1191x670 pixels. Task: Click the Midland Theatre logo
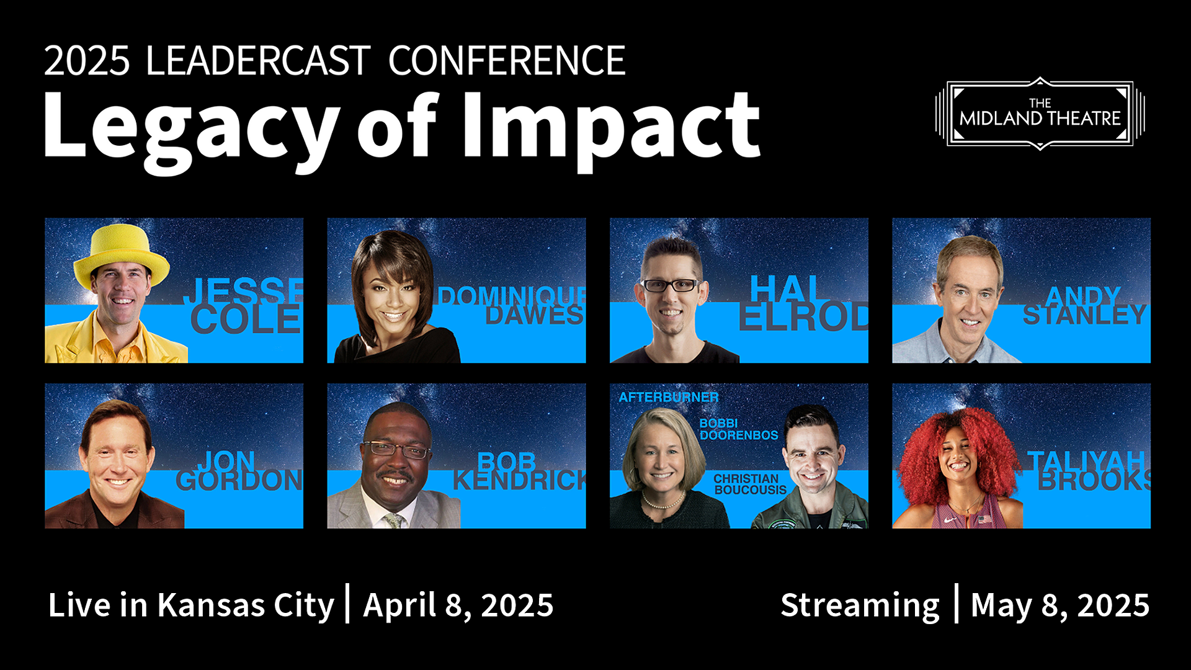(x=1040, y=114)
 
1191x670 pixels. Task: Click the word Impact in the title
(x=611, y=131)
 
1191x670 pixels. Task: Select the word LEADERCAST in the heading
(x=258, y=61)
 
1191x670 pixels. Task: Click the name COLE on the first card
(x=246, y=319)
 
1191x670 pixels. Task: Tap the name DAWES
(x=534, y=315)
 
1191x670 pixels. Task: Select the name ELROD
(x=803, y=316)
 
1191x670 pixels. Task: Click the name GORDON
(x=239, y=480)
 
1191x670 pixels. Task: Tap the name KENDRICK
(x=519, y=480)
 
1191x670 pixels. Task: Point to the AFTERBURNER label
(x=669, y=397)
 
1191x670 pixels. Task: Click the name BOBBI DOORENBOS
(x=739, y=429)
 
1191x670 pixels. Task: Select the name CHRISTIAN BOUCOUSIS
(x=750, y=485)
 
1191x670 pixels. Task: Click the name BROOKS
(x=1094, y=480)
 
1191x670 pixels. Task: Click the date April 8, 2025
(x=458, y=605)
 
